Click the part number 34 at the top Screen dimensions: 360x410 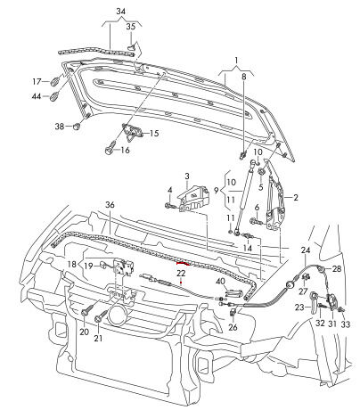(x=120, y=12)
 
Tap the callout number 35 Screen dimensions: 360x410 (x=131, y=27)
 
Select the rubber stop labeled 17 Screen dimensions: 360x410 (x=55, y=81)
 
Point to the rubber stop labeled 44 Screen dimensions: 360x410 (x=54, y=96)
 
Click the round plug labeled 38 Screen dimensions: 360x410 (x=77, y=127)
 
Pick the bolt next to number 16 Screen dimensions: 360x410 (x=110, y=147)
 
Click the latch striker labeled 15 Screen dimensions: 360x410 (x=133, y=132)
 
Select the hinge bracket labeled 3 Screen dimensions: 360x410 (x=193, y=198)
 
